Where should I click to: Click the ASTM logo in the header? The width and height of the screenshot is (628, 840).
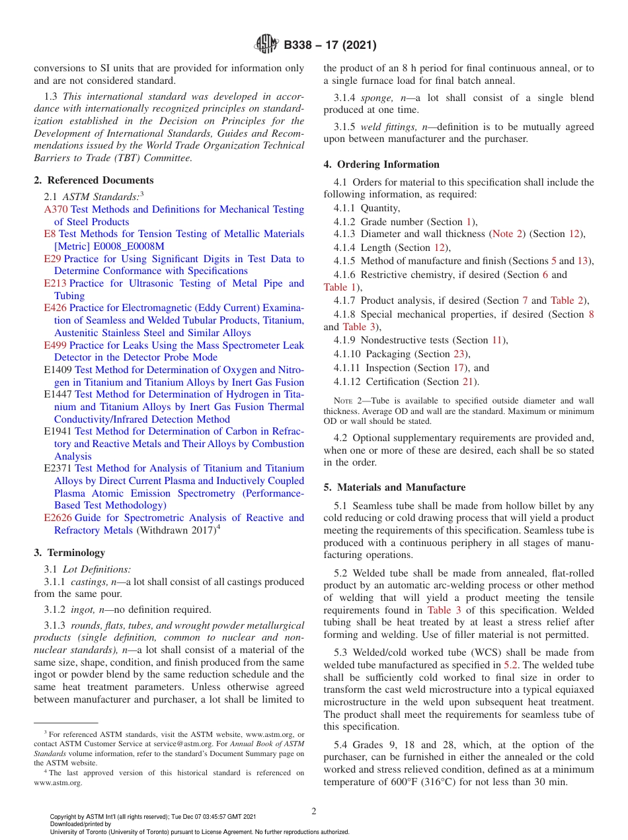[x=267, y=45]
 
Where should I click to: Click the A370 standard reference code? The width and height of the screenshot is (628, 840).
[x=56, y=209]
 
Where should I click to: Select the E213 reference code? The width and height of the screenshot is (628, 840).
[x=56, y=283]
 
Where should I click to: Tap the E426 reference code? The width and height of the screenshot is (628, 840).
[x=56, y=308]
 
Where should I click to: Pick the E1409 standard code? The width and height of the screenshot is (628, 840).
[x=58, y=370]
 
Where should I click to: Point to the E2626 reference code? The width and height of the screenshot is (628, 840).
[x=58, y=518]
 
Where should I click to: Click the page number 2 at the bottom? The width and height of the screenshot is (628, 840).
[x=314, y=812]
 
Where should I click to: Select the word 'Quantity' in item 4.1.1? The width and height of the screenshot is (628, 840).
[x=380, y=208]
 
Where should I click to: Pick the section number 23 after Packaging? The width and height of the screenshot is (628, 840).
[x=459, y=354]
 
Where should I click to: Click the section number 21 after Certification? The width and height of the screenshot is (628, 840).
[x=468, y=382]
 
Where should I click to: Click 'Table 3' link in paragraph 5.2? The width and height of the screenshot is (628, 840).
[x=444, y=610]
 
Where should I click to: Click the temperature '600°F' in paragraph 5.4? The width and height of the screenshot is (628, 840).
[x=407, y=782]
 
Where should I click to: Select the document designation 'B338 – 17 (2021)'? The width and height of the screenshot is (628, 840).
[x=330, y=46]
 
